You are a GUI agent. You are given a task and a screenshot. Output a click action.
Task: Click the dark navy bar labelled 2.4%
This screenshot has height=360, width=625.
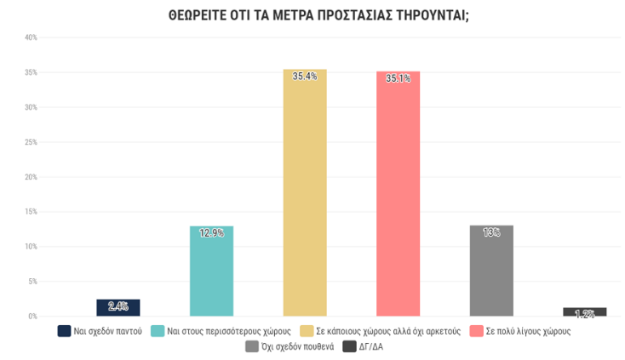118,308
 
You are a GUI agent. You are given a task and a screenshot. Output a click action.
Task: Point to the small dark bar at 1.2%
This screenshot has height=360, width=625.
584,312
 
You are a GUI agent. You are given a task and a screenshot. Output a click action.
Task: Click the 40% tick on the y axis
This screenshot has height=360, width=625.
31,37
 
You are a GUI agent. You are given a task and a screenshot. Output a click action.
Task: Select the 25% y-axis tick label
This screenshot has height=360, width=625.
31,142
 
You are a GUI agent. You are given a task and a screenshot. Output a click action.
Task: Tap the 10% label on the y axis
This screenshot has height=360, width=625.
31,247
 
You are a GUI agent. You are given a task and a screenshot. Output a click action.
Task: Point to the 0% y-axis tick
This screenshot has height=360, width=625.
32,317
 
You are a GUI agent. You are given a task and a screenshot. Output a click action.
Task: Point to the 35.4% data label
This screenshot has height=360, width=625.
305,77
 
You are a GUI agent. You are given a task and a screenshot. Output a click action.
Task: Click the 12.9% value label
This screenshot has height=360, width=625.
211,232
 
